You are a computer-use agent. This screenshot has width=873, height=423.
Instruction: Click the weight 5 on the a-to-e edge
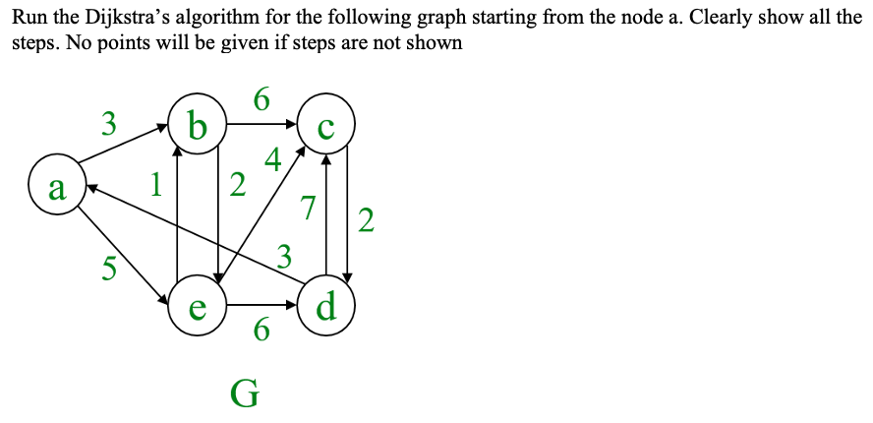(x=110, y=267)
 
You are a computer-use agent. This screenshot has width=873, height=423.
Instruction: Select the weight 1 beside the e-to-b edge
(x=155, y=183)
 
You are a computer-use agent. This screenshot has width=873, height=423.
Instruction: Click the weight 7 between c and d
(x=308, y=208)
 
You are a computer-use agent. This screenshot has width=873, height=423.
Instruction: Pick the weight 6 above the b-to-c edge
(x=261, y=99)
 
